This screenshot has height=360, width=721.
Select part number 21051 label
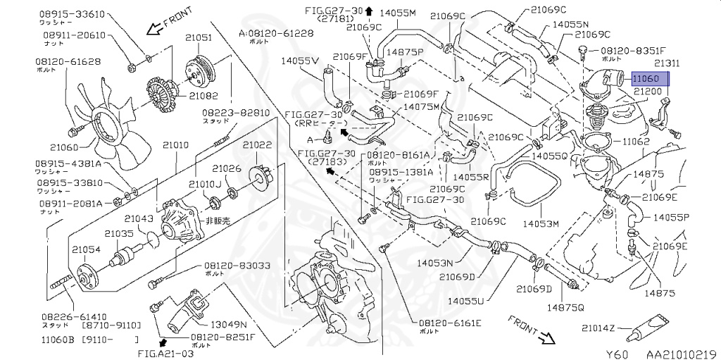coord(199,38)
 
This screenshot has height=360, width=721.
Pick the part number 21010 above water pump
coord(176,144)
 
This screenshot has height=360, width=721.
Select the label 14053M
coord(540,223)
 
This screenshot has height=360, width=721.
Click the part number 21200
coord(647,92)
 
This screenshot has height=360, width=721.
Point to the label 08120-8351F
coord(632,51)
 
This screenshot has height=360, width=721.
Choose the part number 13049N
coord(230,324)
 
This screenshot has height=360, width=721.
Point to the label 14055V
coord(301,61)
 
